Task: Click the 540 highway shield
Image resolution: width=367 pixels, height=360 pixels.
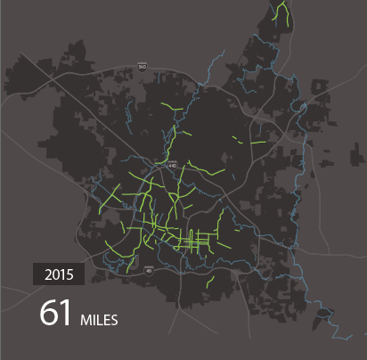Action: click(143, 66)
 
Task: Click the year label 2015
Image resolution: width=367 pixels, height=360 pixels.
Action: click(59, 274)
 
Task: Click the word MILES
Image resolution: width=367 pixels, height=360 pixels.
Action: click(99, 318)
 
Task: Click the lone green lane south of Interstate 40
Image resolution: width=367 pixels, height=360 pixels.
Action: click(209, 282)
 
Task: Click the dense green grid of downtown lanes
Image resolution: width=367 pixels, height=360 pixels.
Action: click(191, 239)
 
